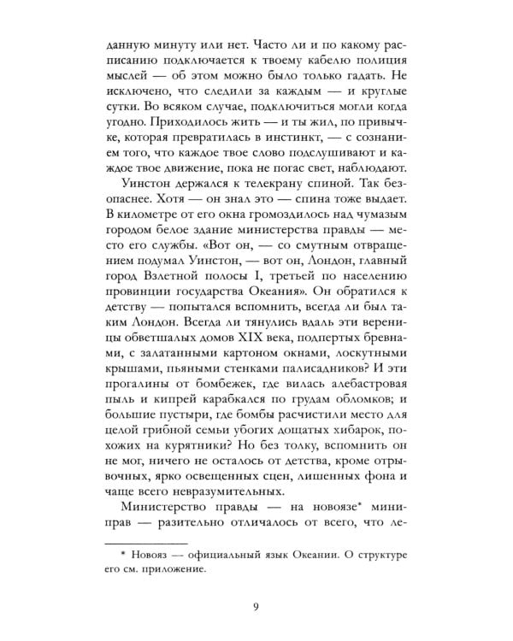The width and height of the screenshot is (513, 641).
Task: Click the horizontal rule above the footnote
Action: pos(140,540)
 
